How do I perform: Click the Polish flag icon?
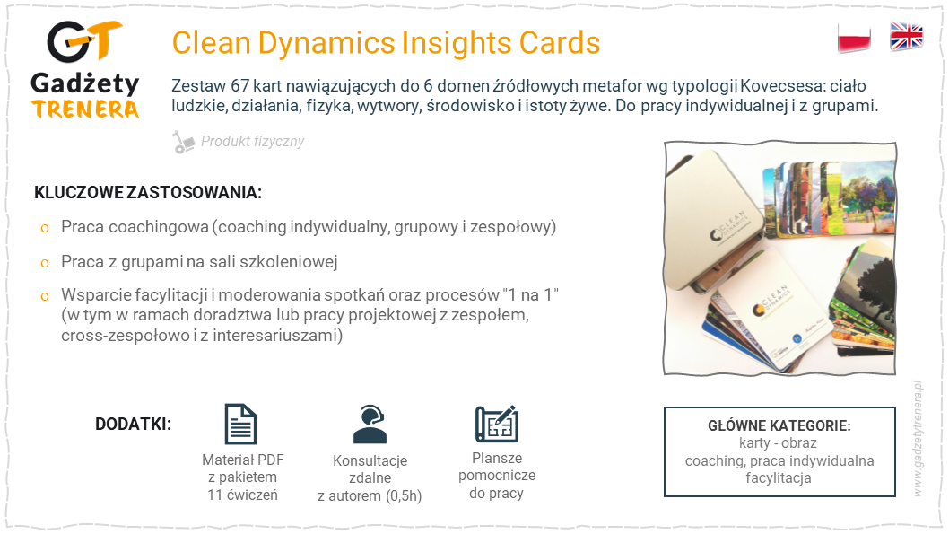pyautogui.click(x=854, y=38)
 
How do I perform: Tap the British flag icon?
pyautogui.click(x=906, y=36)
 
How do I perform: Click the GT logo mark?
pyautogui.click(x=84, y=42)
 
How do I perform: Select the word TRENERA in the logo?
pyautogui.click(x=85, y=109)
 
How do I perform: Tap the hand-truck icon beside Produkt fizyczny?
pyautogui.click(x=183, y=142)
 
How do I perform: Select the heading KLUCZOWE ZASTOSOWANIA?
pyautogui.click(x=148, y=193)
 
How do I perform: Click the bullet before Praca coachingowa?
pyautogui.click(x=45, y=229)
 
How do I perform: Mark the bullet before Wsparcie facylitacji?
pyautogui.click(x=45, y=297)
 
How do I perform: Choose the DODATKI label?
pyautogui.click(x=133, y=424)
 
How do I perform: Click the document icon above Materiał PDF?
pyautogui.click(x=241, y=424)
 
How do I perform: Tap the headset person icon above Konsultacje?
pyautogui.click(x=370, y=425)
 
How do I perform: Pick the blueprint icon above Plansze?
pyautogui.click(x=497, y=424)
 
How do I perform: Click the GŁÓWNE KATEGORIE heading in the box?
pyautogui.click(x=779, y=425)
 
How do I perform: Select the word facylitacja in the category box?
pyautogui.click(x=779, y=478)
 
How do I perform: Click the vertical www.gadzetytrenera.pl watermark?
pyautogui.click(x=918, y=438)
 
